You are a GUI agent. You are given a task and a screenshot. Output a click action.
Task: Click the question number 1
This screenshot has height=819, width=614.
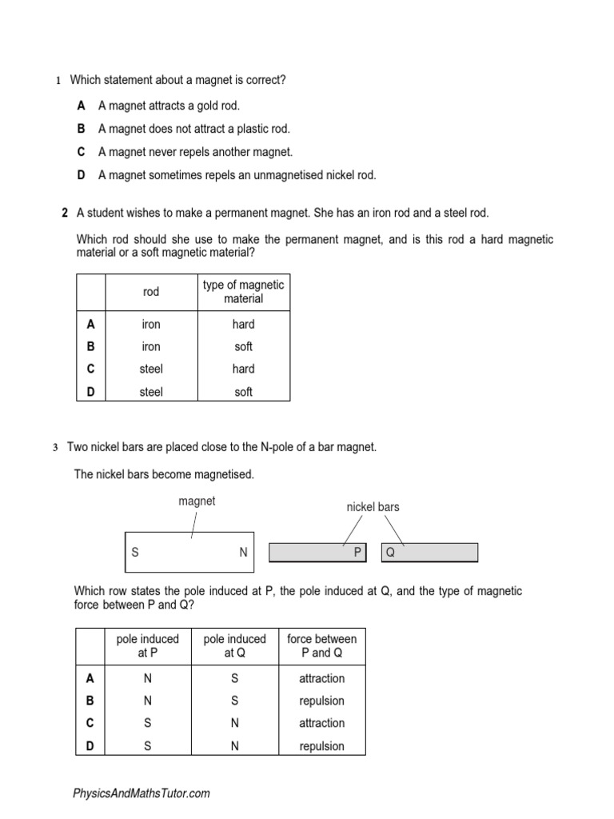58,81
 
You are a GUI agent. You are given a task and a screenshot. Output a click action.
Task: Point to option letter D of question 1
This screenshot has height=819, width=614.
82,174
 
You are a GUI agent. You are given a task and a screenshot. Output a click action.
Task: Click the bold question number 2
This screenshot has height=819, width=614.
64,213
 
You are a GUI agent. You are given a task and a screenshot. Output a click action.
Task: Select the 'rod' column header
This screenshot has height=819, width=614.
151,292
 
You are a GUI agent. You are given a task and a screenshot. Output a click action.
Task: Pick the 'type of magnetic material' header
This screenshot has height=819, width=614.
244,292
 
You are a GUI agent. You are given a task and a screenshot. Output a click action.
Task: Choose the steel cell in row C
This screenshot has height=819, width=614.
151,369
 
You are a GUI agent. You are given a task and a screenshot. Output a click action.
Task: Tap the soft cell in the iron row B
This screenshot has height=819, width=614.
244,346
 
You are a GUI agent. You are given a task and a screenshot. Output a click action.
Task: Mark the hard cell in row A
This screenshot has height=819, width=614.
244,324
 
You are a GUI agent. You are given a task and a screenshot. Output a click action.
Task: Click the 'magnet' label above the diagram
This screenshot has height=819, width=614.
197,501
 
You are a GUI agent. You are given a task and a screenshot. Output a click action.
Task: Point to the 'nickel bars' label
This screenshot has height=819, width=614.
373,507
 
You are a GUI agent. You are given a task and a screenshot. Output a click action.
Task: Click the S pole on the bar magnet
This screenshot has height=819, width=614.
135,553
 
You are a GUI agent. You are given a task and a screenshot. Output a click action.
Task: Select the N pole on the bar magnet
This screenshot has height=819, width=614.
243,553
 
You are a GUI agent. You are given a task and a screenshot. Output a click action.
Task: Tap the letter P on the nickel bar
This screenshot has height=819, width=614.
357,553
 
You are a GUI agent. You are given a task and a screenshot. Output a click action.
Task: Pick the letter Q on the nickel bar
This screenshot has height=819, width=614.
390,553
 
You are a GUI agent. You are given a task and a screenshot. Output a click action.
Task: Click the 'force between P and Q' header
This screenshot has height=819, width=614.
322,645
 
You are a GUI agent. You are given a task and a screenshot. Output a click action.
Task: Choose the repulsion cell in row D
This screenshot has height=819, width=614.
322,745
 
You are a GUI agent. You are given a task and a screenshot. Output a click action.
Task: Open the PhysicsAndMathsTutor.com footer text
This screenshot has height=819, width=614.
142,793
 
